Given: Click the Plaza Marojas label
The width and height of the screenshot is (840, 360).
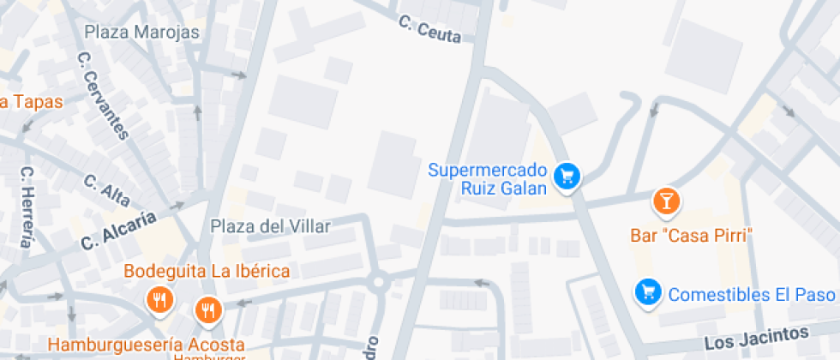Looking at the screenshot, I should point(141,33).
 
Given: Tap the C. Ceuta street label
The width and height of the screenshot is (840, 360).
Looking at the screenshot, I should point(430,29).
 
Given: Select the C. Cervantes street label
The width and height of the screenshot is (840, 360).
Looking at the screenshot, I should point(102,95).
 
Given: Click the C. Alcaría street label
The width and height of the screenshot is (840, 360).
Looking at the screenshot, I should point(119,231).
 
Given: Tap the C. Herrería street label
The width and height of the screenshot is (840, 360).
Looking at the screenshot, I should point(27,206).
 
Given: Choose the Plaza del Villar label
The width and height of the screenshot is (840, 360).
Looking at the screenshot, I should point(271,226).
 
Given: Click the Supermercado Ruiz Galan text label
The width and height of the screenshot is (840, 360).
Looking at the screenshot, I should point(487,178).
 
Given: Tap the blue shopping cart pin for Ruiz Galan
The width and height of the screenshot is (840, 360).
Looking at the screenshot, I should point(567,177).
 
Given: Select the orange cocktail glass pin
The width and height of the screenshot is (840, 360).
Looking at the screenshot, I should point(666,201).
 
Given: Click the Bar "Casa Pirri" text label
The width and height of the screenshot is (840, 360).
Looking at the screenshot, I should point(691,235).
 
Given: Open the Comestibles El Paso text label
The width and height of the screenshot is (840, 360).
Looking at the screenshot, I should point(753,295).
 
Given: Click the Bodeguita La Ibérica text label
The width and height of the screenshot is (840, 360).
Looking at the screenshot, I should point(207,272).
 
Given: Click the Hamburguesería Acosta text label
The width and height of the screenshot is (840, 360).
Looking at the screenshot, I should point(146,345).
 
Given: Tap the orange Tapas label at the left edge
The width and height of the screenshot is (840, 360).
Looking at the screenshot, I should point(31,102).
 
